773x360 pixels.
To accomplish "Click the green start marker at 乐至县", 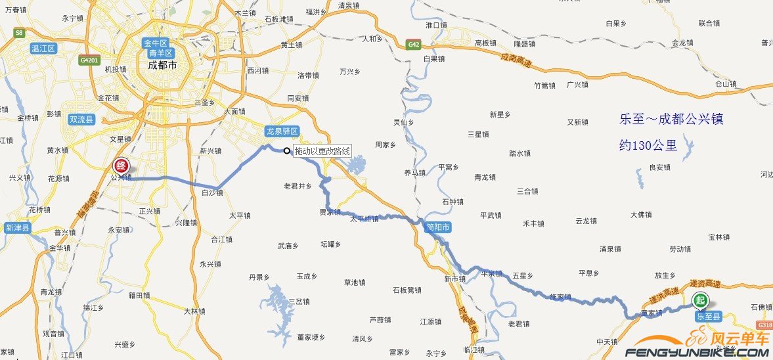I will pos(701,301).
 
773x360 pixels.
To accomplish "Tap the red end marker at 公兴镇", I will pos(120,166).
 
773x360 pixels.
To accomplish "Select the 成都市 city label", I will pos(162,66).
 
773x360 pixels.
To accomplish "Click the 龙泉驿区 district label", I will pos(282,131).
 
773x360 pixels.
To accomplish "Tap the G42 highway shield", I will pos(413,45).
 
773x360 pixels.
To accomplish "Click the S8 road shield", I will pos(19,32).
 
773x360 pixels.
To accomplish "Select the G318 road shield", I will pos(764,325).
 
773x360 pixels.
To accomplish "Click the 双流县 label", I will pos(82,120).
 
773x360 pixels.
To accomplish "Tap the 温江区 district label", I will pos(44,49).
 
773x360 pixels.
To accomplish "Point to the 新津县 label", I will pos(17,228).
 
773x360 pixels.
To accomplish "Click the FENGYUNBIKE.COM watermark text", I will pos(696,353).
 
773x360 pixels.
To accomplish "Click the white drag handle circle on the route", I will pos(287,151).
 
